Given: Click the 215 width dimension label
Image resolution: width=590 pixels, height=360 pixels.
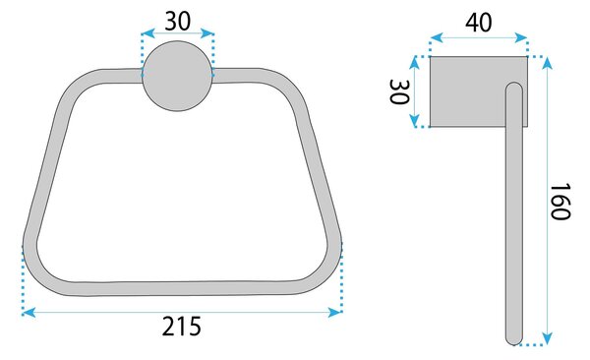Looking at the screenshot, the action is pyautogui.click(x=182, y=327).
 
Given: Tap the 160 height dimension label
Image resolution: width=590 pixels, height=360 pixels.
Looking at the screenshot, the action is pyautogui.click(x=560, y=201).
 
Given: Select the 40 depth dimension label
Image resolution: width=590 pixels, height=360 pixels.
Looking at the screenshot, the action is pyautogui.click(x=478, y=23).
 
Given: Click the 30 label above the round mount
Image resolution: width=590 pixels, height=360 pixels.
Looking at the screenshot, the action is pyautogui.click(x=178, y=21).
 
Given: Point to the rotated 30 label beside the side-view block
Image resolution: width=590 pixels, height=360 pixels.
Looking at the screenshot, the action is pyautogui.click(x=399, y=91).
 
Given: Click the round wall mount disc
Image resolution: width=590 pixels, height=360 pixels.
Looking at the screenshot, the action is pyautogui.click(x=177, y=76).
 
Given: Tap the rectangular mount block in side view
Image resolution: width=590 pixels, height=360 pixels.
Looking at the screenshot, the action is pyautogui.click(x=479, y=91).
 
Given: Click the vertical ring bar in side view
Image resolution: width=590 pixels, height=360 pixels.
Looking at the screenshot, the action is pyautogui.click(x=514, y=213).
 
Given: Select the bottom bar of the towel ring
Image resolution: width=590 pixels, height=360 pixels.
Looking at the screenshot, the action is pyautogui.click(x=181, y=288).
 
